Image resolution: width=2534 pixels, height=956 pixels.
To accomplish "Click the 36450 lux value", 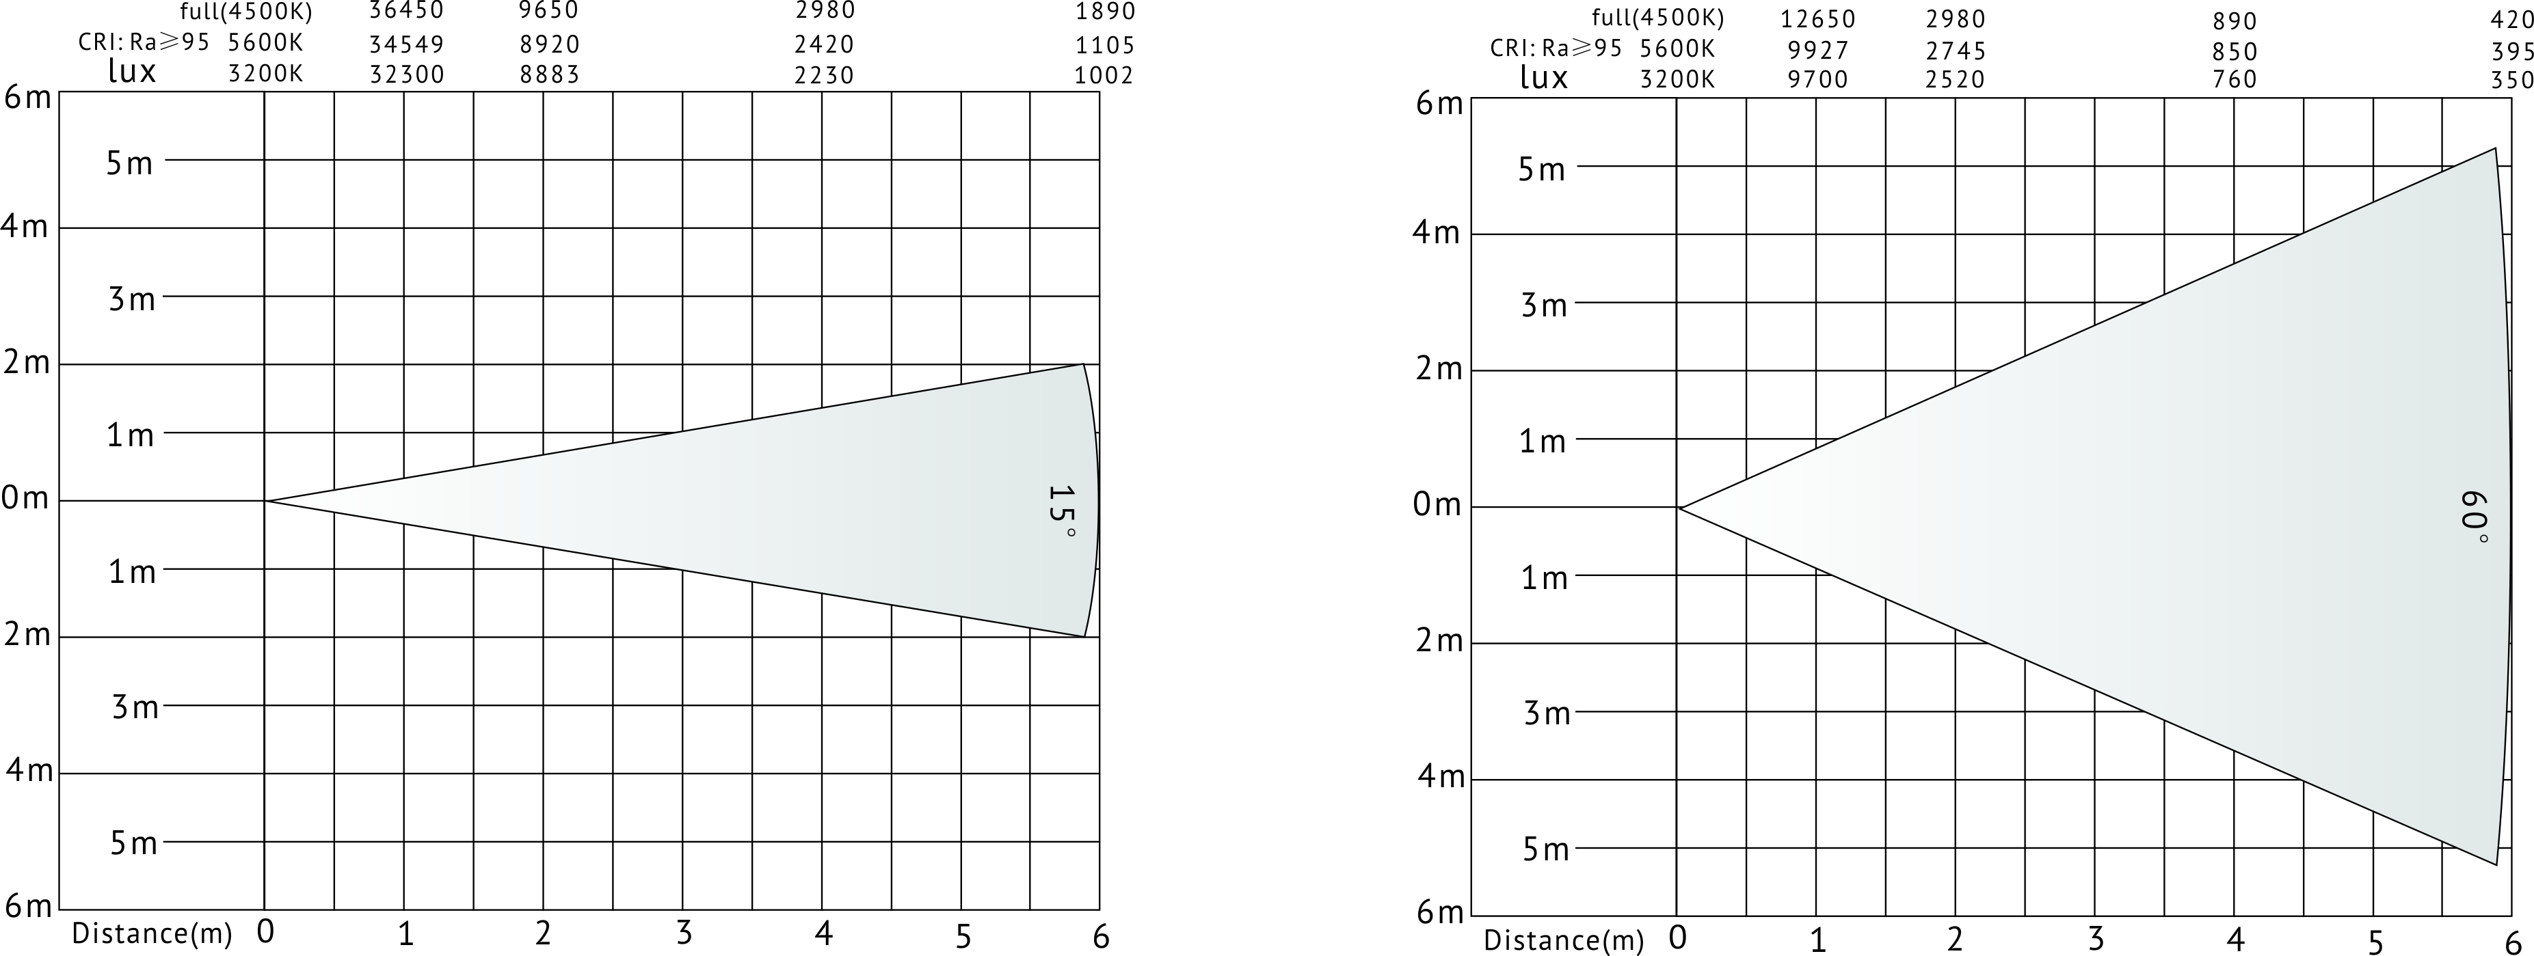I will [406, 12].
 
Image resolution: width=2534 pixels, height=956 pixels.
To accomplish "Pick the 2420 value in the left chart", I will [825, 44].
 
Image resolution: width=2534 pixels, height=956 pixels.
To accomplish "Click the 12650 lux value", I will [1818, 20].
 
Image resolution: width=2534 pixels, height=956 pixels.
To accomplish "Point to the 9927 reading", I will [1818, 50].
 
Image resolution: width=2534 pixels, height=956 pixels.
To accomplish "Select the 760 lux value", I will [2234, 80].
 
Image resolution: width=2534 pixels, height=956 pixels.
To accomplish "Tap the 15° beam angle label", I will [1061, 510].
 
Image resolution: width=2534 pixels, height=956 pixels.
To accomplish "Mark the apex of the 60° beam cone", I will [1680, 508].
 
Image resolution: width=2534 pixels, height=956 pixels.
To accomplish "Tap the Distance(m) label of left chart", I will [152, 934].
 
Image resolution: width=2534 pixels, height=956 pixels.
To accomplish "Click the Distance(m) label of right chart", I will [1563, 941].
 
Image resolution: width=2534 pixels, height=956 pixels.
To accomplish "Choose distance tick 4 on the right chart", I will [2235, 940].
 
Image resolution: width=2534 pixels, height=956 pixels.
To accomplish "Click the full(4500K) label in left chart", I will [246, 13].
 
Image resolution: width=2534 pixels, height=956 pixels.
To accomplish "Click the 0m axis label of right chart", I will [1436, 506].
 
